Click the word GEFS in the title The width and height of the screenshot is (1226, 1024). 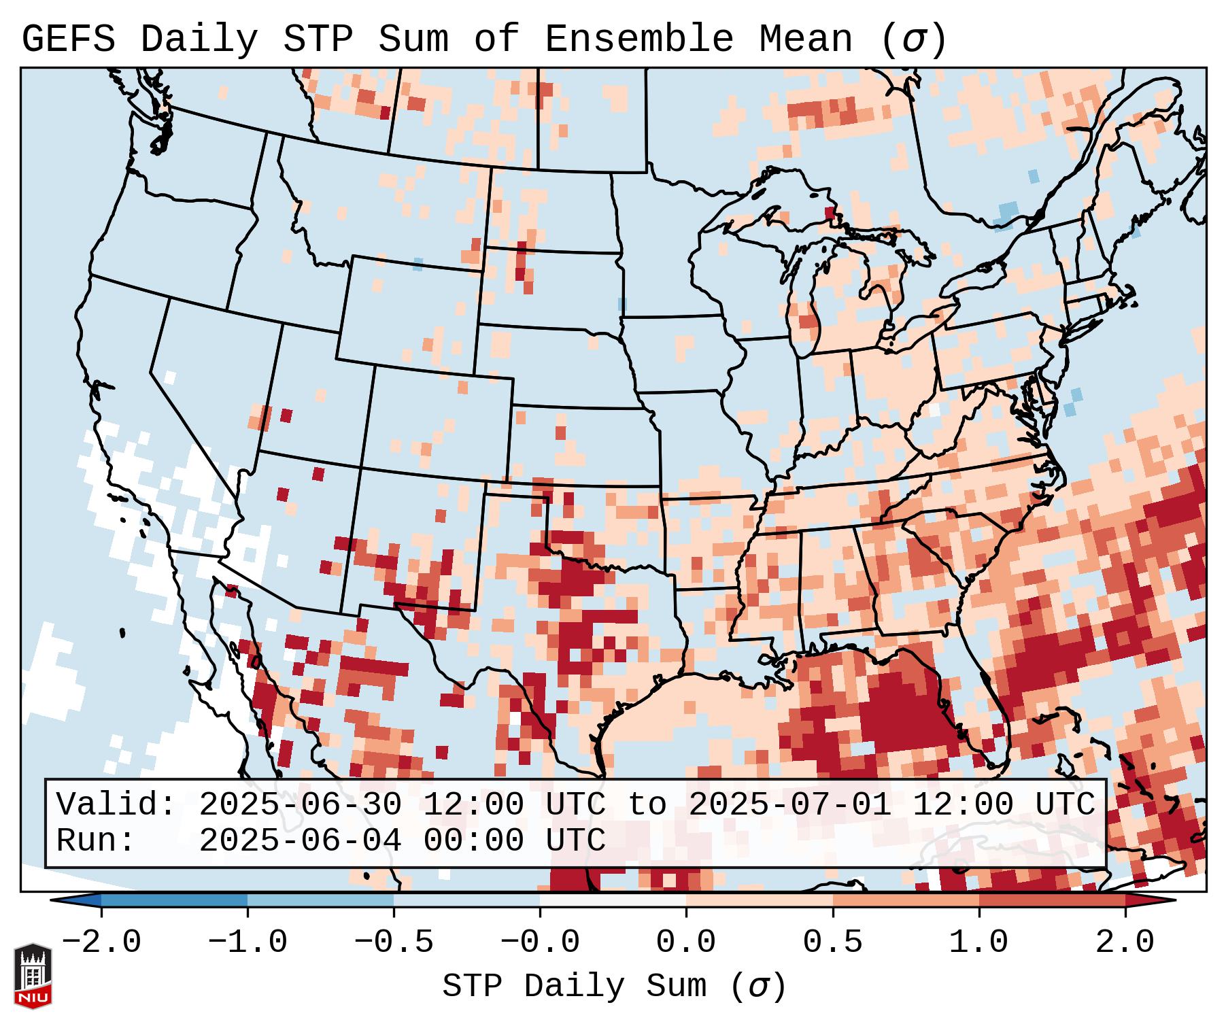tap(68, 39)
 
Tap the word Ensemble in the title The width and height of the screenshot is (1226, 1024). tap(638, 39)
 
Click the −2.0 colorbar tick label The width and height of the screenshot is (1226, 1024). tap(101, 942)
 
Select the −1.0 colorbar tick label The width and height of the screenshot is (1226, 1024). tap(248, 942)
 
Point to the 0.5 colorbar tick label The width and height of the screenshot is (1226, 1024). tap(832, 942)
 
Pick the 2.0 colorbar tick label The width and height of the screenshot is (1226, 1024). tap(1125, 942)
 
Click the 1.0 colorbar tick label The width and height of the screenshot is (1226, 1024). tap(978, 942)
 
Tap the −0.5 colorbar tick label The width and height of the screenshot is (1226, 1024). tap(394, 942)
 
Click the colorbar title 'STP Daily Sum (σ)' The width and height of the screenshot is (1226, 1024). tap(614, 987)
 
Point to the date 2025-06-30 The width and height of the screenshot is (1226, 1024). tap(300, 804)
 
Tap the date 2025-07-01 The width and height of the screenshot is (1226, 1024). tap(789, 804)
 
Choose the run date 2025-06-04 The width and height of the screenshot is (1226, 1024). tap(300, 841)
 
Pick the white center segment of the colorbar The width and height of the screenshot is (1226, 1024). tap(613, 900)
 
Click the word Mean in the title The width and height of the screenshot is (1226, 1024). tap(805, 39)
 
